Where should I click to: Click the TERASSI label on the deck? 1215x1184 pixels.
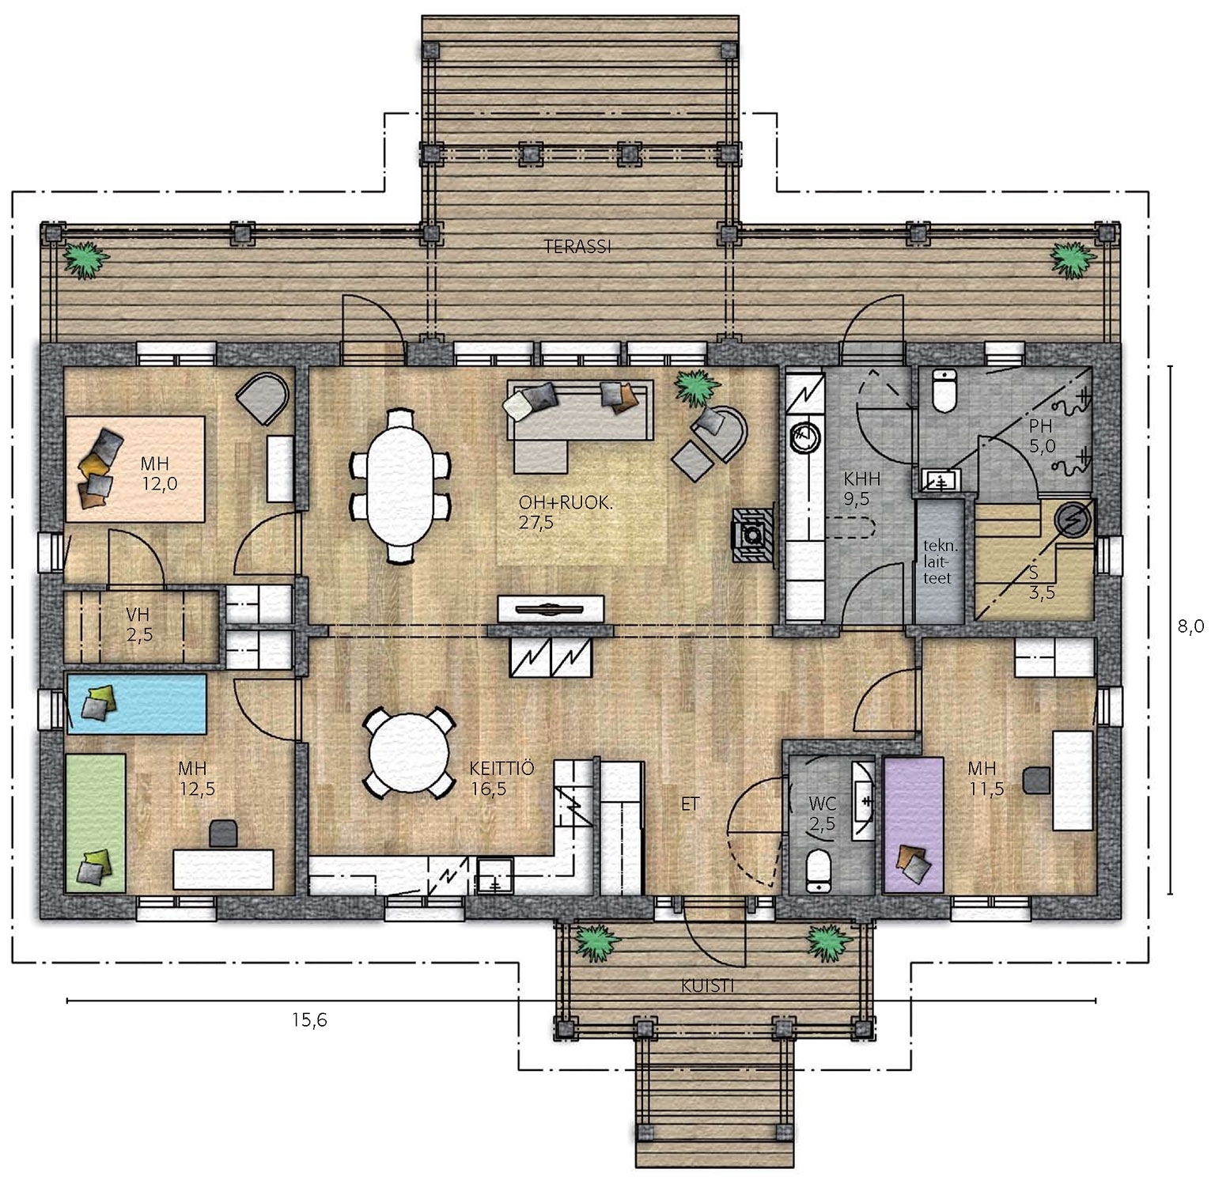tap(577, 247)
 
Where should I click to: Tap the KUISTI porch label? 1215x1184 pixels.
tap(708, 986)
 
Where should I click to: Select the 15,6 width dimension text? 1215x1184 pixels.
tap(309, 1020)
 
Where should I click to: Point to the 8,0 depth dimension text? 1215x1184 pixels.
tap(1190, 626)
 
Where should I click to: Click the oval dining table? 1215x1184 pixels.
tap(401, 485)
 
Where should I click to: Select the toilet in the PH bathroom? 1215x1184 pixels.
tap(945, 390)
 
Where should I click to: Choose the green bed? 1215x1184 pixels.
tap(96, 823)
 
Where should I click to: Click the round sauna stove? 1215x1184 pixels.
tap(1073, 519)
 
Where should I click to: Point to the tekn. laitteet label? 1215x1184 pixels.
tap(940, 562)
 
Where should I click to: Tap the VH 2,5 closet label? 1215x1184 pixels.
tap(139, 623)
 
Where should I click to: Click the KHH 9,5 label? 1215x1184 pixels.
tap(861, 488)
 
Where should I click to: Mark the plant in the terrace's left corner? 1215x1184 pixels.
tap(84, 259)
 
